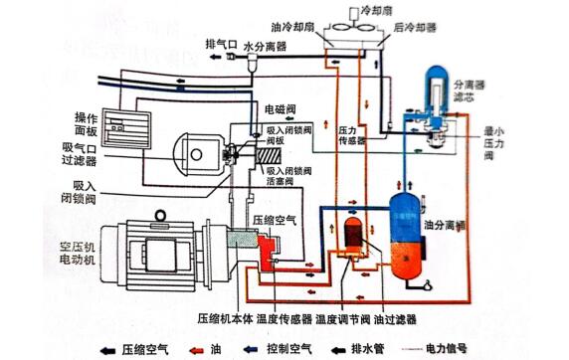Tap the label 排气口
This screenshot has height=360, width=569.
[x=220, y=46]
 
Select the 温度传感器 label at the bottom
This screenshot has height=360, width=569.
[x=286, y=318]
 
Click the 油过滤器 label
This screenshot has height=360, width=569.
[x=393, y=318]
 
